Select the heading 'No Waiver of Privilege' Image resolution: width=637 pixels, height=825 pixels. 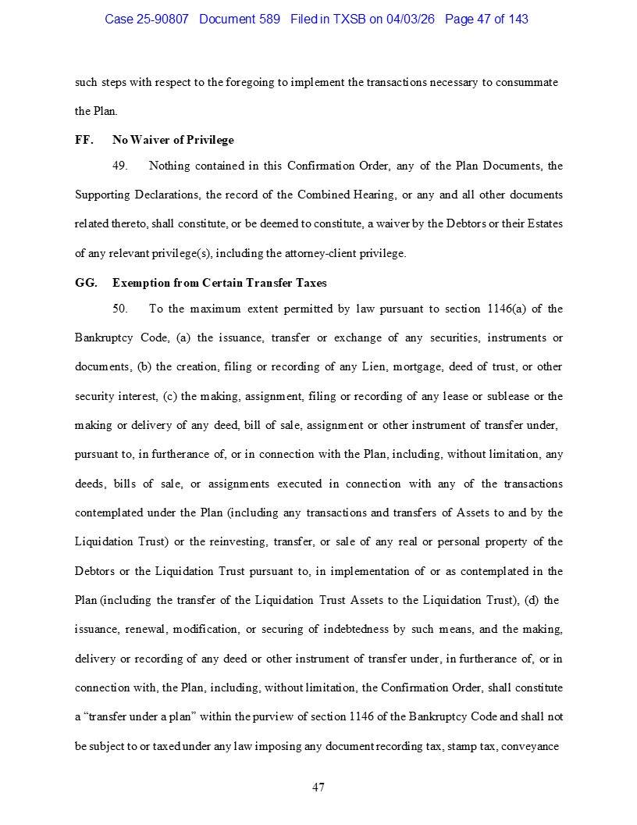pos(173,140)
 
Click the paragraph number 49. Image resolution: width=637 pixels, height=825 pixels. pos(119,166)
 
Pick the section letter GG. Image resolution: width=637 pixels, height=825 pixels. pos(86,283)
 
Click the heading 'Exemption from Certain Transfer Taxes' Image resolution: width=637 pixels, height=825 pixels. pos(219,283)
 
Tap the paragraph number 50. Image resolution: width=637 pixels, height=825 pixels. pos(119,309)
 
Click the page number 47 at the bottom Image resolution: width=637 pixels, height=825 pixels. pos(318,787)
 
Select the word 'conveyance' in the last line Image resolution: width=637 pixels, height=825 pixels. pos(530,746)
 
